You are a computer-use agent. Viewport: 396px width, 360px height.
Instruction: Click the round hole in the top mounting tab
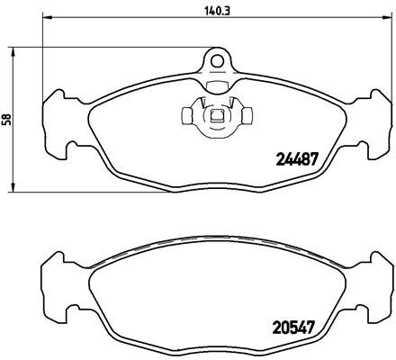[x=216, y=59]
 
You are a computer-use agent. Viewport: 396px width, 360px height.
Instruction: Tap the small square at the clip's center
[x=216, y=116]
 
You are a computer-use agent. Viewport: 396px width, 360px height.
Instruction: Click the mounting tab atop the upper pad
[x=216, y=68]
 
